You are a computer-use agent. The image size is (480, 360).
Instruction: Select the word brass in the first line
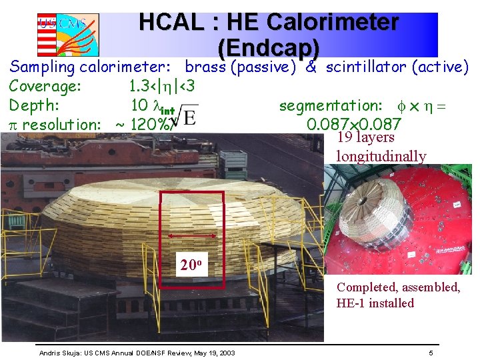(206, 67)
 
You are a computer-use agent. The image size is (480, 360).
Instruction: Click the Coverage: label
(45, 86)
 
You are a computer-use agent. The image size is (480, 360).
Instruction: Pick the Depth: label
(35, 105)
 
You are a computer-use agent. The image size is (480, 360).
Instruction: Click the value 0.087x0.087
(353, 124)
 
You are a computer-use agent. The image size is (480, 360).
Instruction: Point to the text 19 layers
(366, 137)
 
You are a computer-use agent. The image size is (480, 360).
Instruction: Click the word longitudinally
(381, 157)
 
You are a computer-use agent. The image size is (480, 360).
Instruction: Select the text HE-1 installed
(375, 303)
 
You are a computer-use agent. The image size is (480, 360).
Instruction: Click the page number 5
(431, 353)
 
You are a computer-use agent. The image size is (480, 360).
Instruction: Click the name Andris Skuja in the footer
(59, 353)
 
